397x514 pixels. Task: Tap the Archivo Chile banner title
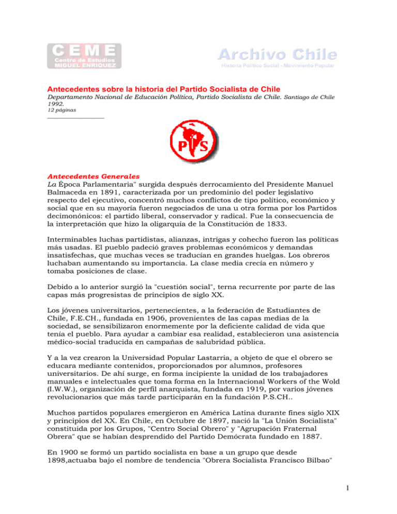(277, 54)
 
